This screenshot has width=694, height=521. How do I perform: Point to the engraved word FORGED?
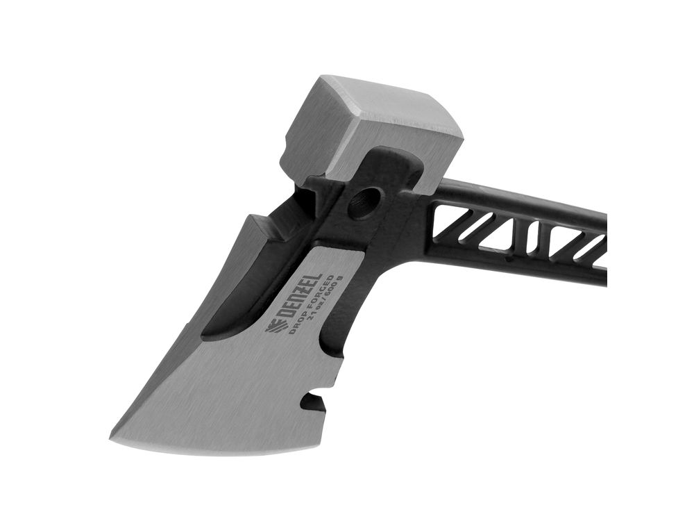point(316,299)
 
